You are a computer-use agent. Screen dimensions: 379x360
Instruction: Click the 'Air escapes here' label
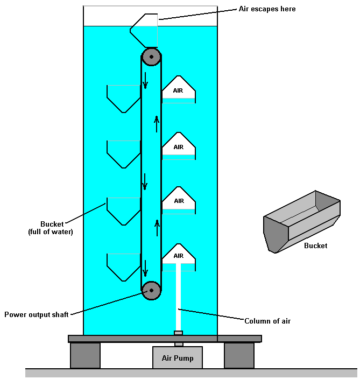click(x=267, y=9)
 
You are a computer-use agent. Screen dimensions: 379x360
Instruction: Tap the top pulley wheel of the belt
click(x=151, y=57)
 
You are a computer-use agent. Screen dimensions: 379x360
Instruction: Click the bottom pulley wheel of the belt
click(x=151, y=290)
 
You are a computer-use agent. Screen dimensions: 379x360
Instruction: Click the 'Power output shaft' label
click(x=36, y=314)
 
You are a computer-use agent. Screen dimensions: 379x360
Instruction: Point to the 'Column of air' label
click(x=267, y=321)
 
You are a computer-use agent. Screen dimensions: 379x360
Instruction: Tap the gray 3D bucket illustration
click(x=301, y=221)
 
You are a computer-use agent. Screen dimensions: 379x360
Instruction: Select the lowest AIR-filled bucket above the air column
click(x=178, y=254)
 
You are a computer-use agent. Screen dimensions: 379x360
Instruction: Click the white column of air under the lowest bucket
click(x=178, y=296)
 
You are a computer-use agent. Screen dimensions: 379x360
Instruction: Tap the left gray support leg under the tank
click(x=85, y=355)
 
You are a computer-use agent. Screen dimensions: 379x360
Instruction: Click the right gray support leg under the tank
click(x=239, y=355)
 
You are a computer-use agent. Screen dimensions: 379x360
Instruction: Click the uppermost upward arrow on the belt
click(x=157, y=124)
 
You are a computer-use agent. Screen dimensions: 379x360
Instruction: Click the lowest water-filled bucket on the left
click(x=124, y=266)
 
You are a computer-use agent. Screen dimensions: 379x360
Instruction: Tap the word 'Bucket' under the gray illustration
click(x=315, y=245)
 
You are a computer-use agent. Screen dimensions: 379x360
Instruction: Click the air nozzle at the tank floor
click(x=178, y=333)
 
